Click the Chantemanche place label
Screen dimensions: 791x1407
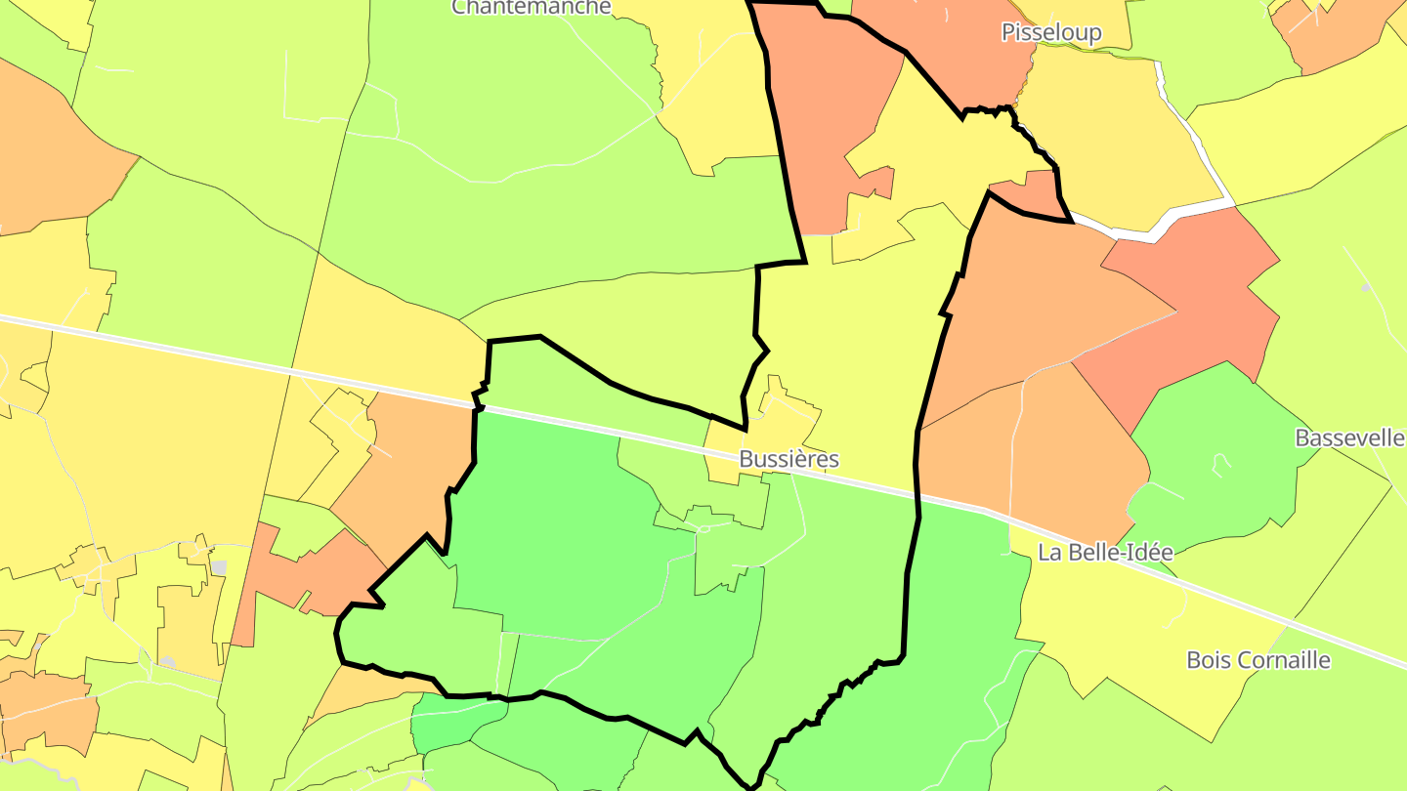pyautogui.click(x=531, y=7)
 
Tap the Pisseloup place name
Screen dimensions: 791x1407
pyautogui.click(x=1051, y=33)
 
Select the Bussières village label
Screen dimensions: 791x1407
pyautogui.click(x=789, y=459)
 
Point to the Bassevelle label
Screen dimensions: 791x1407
pyautogui.click(x=1349, y=437)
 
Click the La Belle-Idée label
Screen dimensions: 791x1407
pyautogui.click(x=1105, y=552)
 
